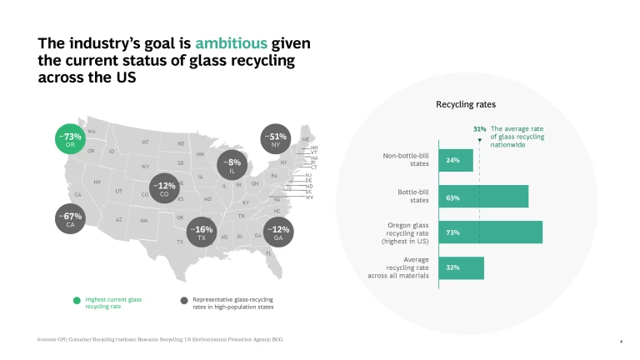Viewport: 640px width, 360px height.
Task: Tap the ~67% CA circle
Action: tap(70, 220)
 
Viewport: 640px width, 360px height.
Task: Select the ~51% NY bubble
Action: tap(275, 140)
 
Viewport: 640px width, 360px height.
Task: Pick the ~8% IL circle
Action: tap(233, 166)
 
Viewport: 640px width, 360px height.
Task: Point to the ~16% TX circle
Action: tap(201, 232)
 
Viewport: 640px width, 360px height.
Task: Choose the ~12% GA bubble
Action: tap(281, 232)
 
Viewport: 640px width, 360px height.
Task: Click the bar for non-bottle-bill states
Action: tap(467, 160)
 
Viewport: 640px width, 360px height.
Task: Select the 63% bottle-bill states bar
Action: tap(494, 197)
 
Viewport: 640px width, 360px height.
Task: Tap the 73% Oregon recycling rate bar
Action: tap(501, 232)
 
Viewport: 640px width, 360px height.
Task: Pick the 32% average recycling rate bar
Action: tap(472, 268)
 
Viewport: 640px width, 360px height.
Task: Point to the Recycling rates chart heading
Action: tap(466, 105)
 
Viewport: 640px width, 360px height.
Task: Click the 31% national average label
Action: tap(479, 129)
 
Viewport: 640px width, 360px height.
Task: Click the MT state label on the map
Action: tap(145, 142)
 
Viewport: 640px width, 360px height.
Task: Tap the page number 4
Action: tap(622, 341)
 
